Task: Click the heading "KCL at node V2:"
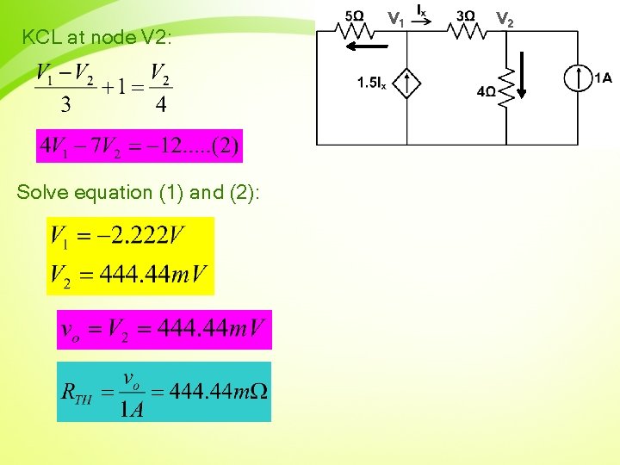[x=97, y=38]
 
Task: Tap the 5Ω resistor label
[x=354, y=15]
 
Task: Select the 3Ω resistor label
[x=465, y=15]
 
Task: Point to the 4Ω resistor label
[x=486, y=92]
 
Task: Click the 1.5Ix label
[x=371, y=84]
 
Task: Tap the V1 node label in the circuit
[x=395, y=18]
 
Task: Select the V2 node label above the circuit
[x=505, y=18]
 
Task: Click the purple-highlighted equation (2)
[x=139, y=146]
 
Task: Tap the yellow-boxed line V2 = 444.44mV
[x=129, y=276]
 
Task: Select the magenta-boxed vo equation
[x=164, y=330]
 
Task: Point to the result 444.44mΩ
[x=219, y=392]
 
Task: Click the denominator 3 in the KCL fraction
[x=65, y=105]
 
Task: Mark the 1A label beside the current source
[x=603, y=79]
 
